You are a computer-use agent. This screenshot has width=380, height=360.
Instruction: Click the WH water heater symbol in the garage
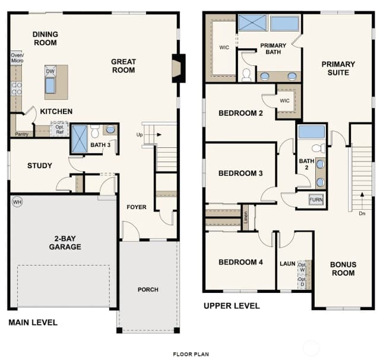click(x=17, y=202)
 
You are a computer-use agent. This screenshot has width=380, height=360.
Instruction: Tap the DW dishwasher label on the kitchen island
click(x=50, y=71)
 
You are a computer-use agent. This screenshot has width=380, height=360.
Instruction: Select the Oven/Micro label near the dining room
click(x=17, y=58)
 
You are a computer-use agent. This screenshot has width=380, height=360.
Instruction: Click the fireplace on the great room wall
click(x=179, y=68)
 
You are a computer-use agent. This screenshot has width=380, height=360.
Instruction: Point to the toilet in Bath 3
click(x=95, y=131)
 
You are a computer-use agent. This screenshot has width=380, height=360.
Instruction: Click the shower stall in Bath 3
click(x=80, y=139)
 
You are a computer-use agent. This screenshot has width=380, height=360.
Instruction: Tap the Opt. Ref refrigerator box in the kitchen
click(x=59, y=129)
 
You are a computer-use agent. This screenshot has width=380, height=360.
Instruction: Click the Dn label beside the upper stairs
click(x=362, y=213)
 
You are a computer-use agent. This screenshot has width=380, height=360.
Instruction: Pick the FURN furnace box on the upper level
click(x=316, y=200)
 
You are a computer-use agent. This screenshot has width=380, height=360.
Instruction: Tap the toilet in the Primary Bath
click(x=247, y=75)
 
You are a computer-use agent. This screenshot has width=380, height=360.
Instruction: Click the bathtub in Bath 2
click(x=311, y=132)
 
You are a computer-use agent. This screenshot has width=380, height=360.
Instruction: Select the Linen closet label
click(x=246, y=217)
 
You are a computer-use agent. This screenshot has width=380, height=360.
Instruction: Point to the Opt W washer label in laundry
click(x=302, y=267)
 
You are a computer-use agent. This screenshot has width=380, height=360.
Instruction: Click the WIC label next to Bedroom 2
click(x=284, y=100)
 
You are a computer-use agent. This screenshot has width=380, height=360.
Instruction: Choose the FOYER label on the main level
click(x=137, y=207)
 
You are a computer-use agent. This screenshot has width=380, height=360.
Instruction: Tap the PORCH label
click(x=148, y=289)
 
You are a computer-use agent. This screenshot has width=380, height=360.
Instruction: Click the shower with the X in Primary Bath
click(x=252, y=23)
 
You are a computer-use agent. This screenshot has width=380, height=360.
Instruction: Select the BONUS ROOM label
click(x=343, y=269)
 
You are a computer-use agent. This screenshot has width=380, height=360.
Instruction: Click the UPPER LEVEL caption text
click(x=232, y=306)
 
